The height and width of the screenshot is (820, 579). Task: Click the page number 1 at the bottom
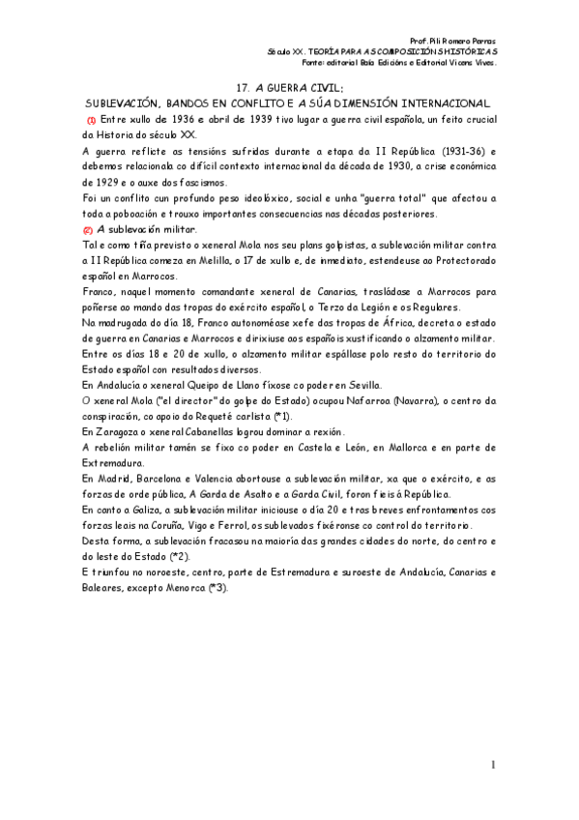click(x=492, y=766)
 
